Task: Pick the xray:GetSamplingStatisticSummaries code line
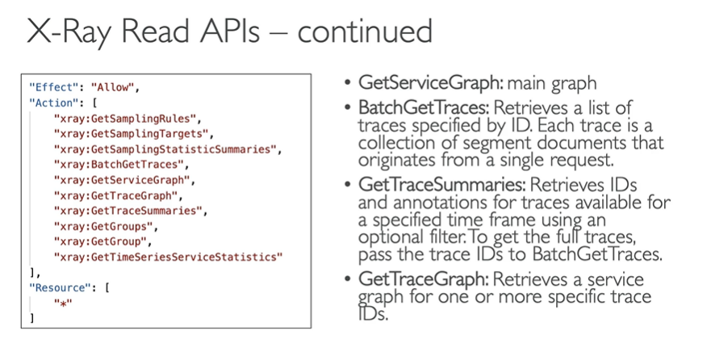(x=165, y=149)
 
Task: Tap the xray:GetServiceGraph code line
(x=124, y=180)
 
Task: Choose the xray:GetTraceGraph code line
(x=119, y=195)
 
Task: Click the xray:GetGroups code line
(x=106, y=226)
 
